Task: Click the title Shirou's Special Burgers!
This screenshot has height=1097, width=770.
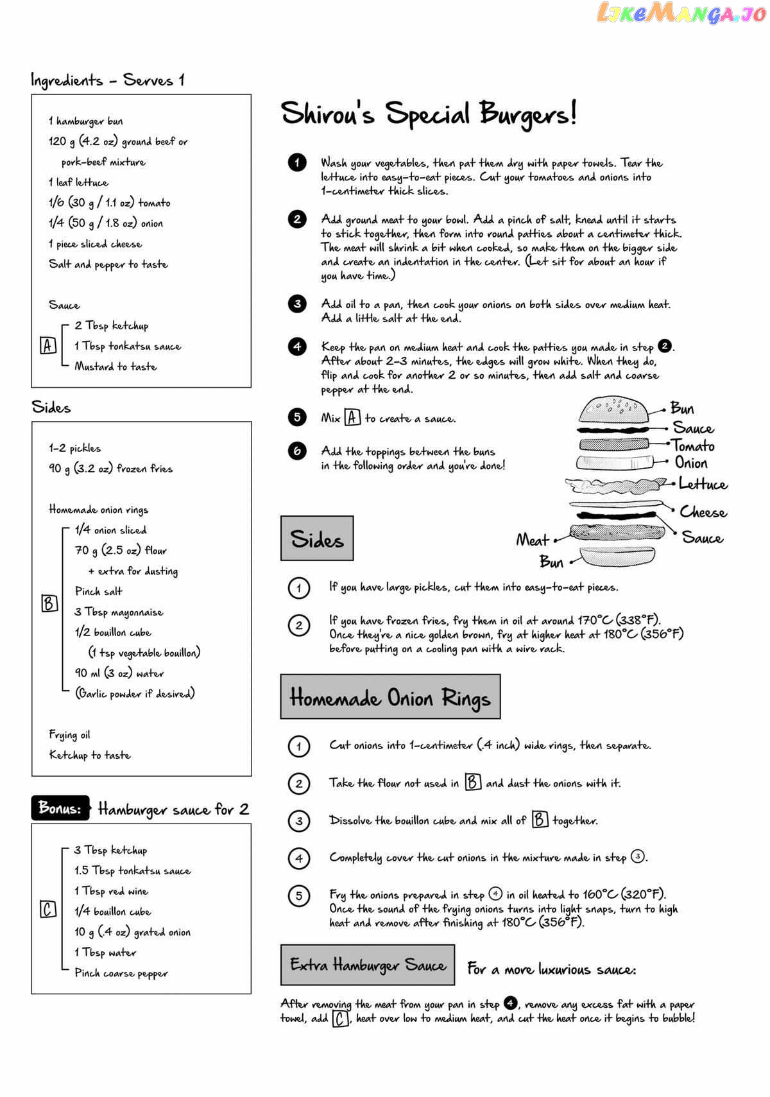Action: click(x=429, y=114)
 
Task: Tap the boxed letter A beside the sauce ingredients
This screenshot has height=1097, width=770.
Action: click(x=48, y=346)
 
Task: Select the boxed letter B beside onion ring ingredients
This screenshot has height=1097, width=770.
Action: click(x=49, y=603)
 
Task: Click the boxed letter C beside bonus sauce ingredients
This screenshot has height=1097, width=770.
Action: click(x=48, y=910)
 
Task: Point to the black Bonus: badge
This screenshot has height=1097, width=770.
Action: click(x=60, y=809)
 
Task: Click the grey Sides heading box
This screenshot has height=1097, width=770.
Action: click(x=317, y=539)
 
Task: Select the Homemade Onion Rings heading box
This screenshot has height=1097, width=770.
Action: click(x=390, y=697)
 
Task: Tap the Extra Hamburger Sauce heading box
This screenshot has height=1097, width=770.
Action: click(x=367, y=965)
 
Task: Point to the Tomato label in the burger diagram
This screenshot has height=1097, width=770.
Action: click(x=693, y=445)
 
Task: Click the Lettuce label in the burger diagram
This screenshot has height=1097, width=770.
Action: click(x=703, y=484)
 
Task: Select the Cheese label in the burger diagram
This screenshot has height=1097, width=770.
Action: click(x=703, y=512)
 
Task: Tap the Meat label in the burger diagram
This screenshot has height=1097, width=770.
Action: click(x=533, y=540)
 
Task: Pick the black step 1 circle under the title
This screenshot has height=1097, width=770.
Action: click(x=297, y=163)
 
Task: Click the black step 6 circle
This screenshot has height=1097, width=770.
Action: click(x=297, y=451)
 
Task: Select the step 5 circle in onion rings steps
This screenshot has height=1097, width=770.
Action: click(x=299, y=895)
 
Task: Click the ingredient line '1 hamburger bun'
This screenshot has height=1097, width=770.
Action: click(x=86, y=121)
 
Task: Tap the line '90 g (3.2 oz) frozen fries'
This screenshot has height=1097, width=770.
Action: click(x=110, y=469)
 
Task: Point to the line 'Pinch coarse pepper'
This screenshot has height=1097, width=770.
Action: click(x=121, y=973)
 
